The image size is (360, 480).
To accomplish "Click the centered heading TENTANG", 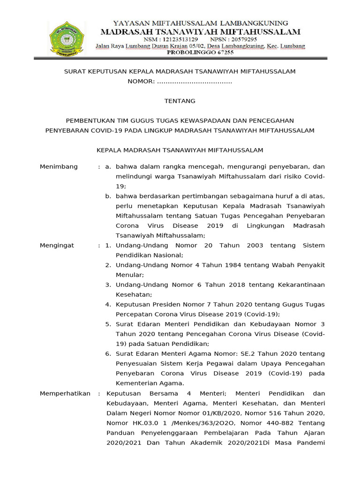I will coord(180,101).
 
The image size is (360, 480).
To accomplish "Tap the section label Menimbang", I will coord(59,167).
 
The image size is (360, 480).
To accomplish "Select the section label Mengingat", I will coord(57,246).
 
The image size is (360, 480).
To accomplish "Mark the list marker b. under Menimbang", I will coord(108,196).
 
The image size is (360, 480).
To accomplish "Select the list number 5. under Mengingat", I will coord(107,324).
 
